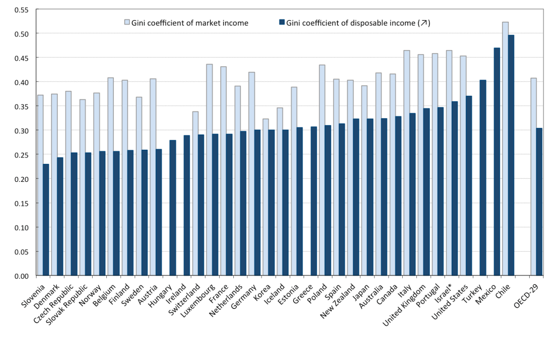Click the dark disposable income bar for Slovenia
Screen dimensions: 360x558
click(46, 220)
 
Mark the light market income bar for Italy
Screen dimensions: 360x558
click(407, 163)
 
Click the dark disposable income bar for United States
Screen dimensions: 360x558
click(469, 186)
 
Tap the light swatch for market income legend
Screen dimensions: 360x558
click(127, 22)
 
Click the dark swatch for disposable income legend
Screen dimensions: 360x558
click(282, 22)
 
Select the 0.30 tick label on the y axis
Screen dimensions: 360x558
click(21, 131)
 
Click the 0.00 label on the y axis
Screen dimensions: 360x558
click(21, 276)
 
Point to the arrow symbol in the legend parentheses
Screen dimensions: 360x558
click(422, 22)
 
